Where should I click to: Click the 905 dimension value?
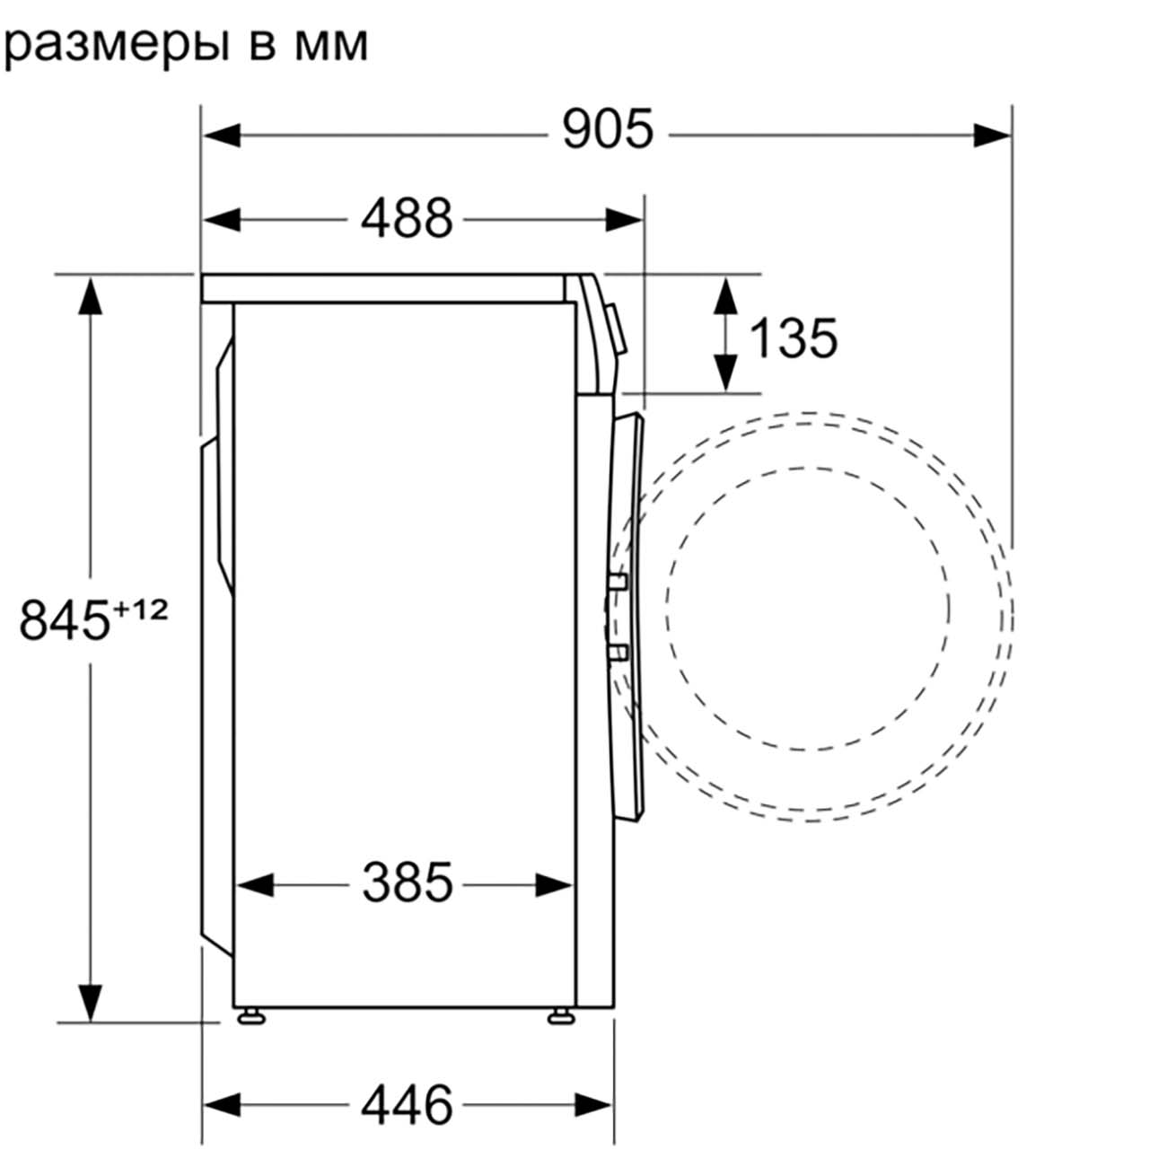[608, 129]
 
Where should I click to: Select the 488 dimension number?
[407, 218]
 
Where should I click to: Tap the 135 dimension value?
[794, 338]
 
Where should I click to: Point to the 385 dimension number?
[408, 882]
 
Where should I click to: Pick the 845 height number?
[65, 619]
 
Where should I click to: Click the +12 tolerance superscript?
[140, 610]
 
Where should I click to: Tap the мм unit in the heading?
[331, 46]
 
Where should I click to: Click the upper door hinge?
[619, 582]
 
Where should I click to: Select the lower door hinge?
[619, 653]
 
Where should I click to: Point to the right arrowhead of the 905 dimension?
[992, 135]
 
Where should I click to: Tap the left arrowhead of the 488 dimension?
[222, 219]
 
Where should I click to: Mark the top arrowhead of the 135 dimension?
[725, 295]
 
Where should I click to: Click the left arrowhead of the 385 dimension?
[255, 885]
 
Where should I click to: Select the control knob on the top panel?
[617, 328]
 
